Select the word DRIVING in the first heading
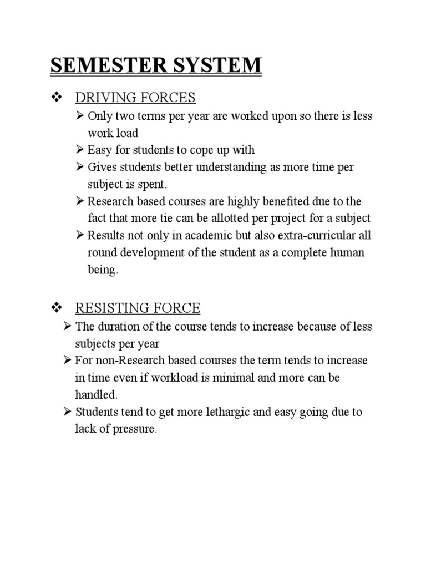(x=100, y=98)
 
